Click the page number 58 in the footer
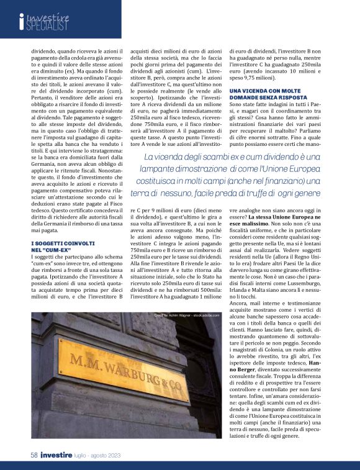click(x=34, y=455)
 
